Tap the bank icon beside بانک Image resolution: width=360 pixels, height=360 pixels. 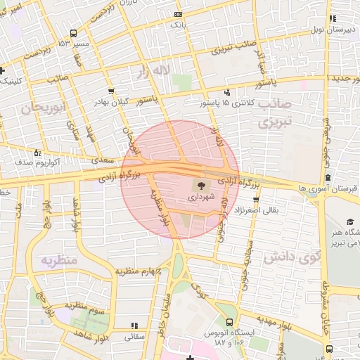[177, 13]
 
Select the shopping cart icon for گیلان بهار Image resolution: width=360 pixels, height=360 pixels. [112, 91]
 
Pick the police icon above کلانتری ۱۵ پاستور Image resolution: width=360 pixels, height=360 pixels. [226, 91]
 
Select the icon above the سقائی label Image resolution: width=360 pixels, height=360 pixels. [134, 326]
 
